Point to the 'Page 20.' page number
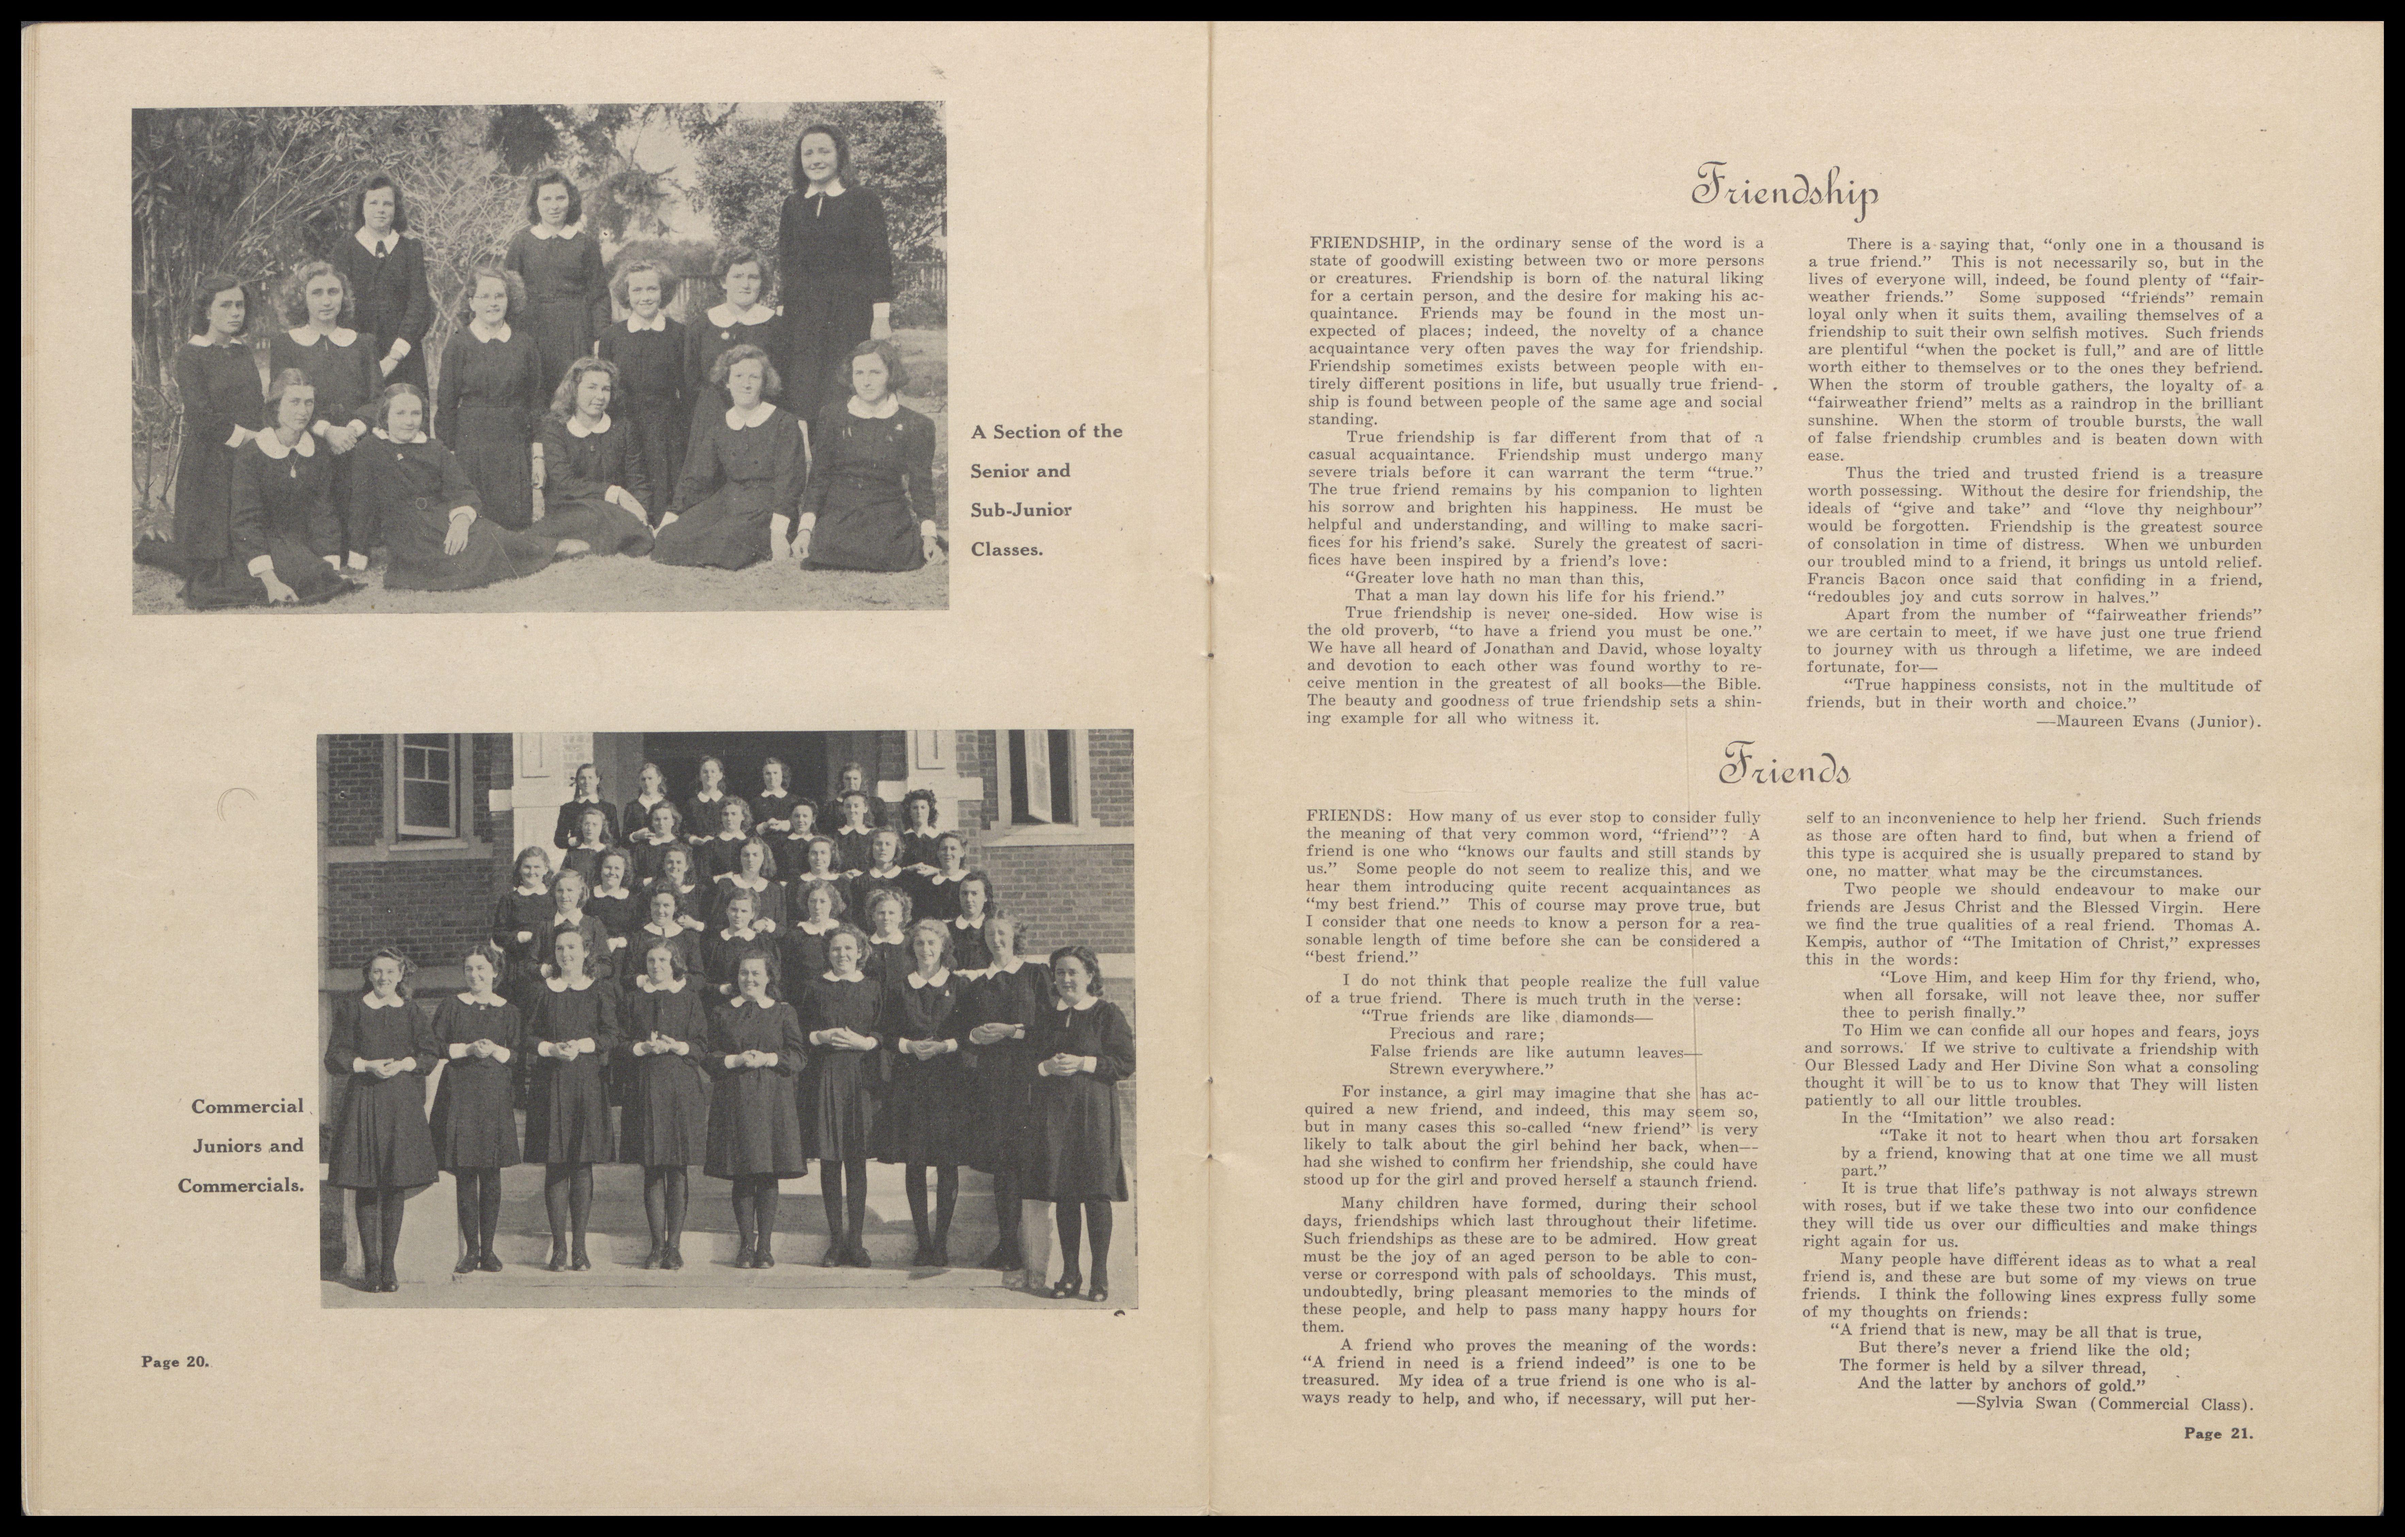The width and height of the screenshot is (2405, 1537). tap(175, 1361)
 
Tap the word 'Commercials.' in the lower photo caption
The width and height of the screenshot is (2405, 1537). tap(241, 1186)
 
